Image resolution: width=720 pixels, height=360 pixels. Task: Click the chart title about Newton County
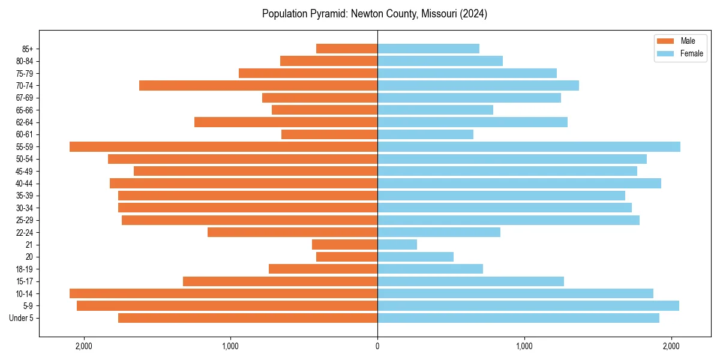374,14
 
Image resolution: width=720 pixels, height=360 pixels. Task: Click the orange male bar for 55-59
223,147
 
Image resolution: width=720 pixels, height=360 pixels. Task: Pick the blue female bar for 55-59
529,147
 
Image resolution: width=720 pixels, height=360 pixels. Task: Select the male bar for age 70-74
258,86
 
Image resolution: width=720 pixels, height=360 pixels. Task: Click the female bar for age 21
397,245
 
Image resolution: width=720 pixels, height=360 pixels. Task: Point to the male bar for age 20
347,257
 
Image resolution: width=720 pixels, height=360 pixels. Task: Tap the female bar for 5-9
528,306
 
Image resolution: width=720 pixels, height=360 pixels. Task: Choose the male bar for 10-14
223,293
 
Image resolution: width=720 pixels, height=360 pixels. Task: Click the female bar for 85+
428,49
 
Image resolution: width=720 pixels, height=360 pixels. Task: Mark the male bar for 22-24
292,232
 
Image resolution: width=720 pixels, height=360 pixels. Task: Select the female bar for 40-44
519,184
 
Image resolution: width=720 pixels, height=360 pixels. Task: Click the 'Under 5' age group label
21,318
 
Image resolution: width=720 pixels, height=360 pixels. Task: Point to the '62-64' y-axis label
25,122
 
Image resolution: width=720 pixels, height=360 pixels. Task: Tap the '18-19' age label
25,269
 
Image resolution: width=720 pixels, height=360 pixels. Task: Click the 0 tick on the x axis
377,346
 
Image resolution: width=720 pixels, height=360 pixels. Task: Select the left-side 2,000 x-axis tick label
83,346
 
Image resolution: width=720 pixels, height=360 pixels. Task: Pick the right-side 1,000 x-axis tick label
524,346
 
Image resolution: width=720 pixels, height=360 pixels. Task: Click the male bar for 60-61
329,134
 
